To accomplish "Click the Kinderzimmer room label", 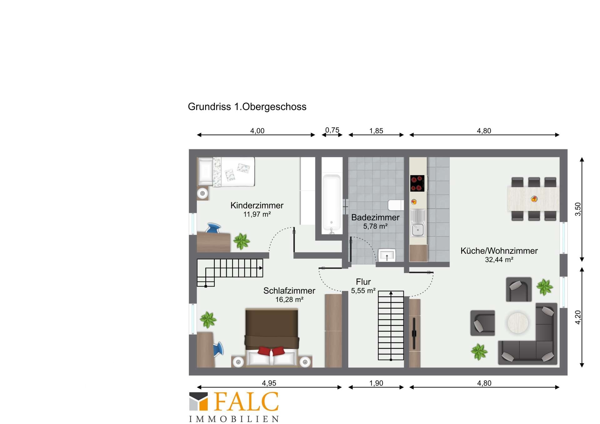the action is pos(257,205).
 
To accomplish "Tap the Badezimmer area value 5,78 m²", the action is pos(375,226).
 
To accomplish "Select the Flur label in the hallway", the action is pos(363,282).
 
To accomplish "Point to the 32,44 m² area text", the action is pos(499,260).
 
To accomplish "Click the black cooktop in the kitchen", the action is pos(417,183).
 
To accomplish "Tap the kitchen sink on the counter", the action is pos(418,223).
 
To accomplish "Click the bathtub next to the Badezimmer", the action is pos(332,203).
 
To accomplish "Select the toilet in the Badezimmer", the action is pos(395,205).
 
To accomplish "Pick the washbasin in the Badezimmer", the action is pos(387,255).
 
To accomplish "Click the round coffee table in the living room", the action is pos(518,323).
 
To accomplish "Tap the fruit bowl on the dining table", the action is pos(534,199).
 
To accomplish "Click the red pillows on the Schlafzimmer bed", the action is pos(271,351).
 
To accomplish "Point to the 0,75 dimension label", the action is pos(332,130).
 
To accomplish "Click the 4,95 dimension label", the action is pos(269,383).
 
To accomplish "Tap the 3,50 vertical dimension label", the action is pos(578,209).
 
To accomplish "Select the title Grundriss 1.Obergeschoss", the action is pos(247,107).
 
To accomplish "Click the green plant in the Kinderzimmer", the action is pos(242,241).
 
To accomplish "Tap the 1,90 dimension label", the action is pos(376,383).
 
